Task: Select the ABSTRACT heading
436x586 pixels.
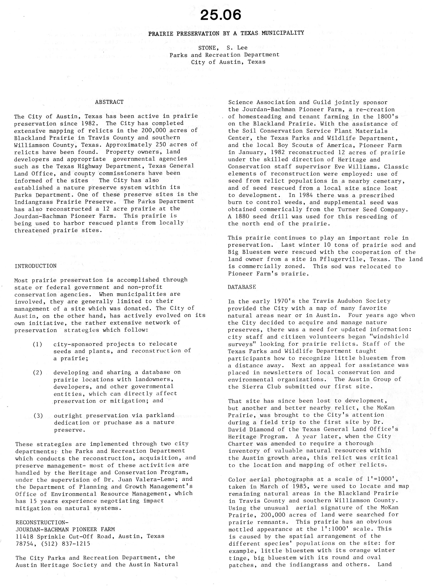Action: click(109, 102)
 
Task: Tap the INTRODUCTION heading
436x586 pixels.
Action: click(36, 266)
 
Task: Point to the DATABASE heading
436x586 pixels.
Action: click(242, 287)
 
